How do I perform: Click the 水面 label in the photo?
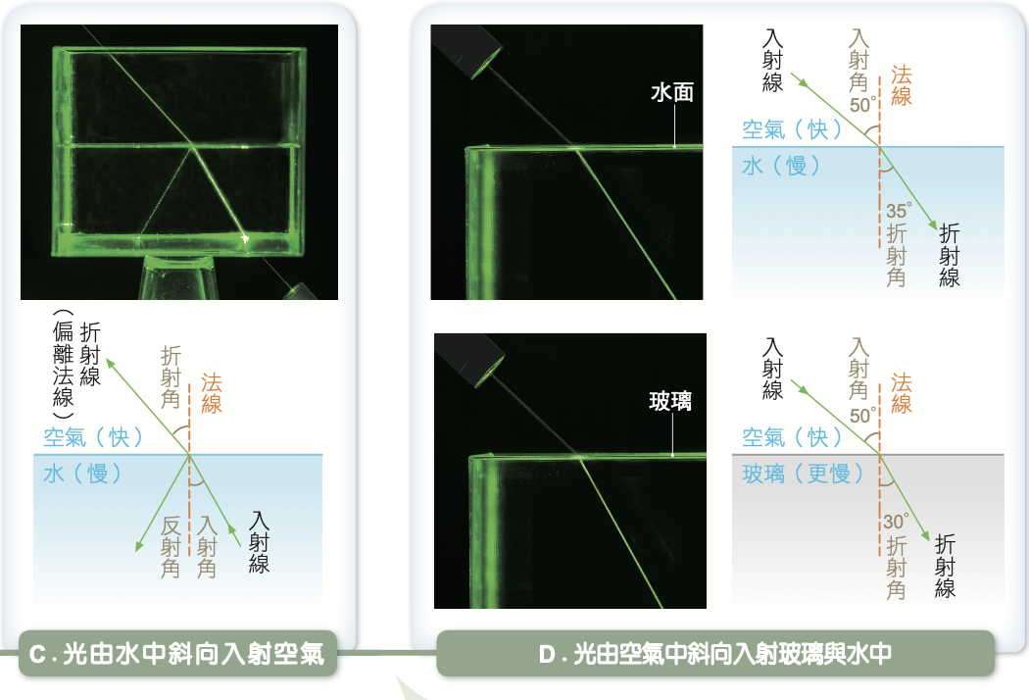tap(672, 92)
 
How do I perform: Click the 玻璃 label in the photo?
tap(671, 401)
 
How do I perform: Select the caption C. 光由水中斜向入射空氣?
tap(177, 655)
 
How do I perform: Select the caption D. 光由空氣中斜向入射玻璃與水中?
tap(714, 655)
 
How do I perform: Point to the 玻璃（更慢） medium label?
tap(803, 475)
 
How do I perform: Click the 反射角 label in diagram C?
tap(171, 546)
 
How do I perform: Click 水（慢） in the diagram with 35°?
tap(781, 166)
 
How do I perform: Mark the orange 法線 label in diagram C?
tap(212, 393)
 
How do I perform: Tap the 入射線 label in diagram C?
tap(260, 541)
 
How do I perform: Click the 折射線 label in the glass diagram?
tap(946, 566)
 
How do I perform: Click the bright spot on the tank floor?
tap(246, 237)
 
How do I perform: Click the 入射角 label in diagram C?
tap(207, 546)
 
